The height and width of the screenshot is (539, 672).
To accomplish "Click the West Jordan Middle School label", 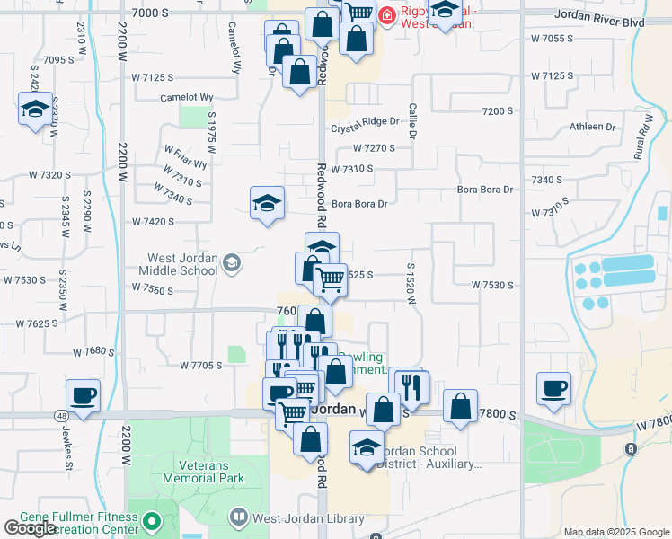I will point(183,263).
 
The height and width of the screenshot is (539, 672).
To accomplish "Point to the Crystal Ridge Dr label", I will point(364,121).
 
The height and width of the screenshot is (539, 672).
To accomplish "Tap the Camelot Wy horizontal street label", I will point(186,97).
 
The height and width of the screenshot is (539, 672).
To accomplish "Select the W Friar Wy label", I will point(185,156).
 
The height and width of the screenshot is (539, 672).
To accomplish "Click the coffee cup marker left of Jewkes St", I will point(83,396).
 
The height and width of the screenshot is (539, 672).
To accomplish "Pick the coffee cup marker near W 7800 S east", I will point(553,390).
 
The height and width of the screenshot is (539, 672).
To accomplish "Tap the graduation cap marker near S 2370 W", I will point(34,110).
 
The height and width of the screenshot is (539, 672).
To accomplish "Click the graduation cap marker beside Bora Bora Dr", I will point(267,204).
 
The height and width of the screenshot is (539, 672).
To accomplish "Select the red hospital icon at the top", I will point(386,14).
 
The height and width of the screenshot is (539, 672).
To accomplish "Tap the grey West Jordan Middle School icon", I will point(232,262).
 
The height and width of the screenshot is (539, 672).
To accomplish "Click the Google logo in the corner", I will point(30,528).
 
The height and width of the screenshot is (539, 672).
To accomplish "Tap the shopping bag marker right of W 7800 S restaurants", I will point(460,407).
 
